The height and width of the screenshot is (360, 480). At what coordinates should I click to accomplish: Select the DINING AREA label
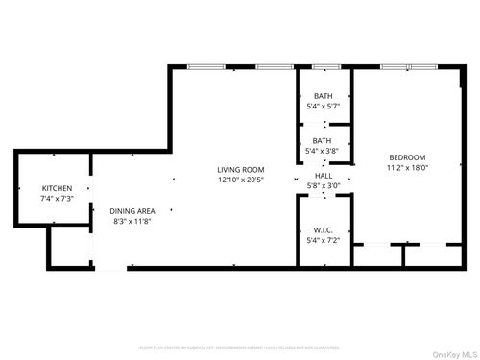click(x=132, y=211)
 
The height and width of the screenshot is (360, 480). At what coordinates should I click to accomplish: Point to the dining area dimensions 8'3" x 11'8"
click(x=132, y=222)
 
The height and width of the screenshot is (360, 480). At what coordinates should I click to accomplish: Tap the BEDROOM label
click(x=407, y=157)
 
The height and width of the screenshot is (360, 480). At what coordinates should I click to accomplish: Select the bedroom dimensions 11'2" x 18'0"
click(x=407, y=168)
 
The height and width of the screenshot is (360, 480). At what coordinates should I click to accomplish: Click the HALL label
click(x=323, y=177)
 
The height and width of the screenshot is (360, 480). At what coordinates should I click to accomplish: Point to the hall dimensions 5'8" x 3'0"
click(x=323, y=186)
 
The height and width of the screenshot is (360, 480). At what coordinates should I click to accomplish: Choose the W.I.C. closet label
click(x=323, y=229)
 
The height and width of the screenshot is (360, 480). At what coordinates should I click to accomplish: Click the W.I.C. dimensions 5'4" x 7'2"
click(x=323, y=240)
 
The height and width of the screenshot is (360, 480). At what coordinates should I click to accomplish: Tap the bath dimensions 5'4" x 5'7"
click(x=322, y=108)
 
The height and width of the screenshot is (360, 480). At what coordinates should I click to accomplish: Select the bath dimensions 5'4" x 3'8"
click(x=322, y=151)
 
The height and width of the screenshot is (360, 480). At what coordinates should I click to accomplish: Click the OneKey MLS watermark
click(x=453, y=351)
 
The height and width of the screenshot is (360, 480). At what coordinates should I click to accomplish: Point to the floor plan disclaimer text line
click(x=240, y=347)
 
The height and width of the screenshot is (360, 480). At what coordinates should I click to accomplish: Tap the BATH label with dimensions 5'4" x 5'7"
click(x=322, y=97)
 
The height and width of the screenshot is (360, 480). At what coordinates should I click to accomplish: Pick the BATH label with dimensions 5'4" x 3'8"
click(x=322, y=140)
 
